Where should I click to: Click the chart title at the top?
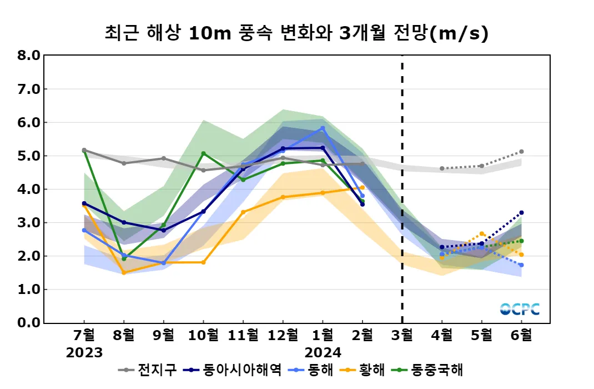296,33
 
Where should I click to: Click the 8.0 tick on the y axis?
29,56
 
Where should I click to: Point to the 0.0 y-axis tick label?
29,323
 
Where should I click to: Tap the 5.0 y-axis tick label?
29,156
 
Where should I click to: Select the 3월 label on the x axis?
402,335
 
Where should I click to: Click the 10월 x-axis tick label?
203,335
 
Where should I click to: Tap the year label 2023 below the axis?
84,352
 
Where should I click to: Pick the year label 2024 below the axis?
323,352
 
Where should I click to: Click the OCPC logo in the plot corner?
520,310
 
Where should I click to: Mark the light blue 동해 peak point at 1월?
323,128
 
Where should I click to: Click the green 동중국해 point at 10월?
203,153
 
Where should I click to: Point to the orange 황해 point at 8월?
124,273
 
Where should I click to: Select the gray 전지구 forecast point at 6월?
521,152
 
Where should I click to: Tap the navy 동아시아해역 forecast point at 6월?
521,213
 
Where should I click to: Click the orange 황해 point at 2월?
363,187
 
